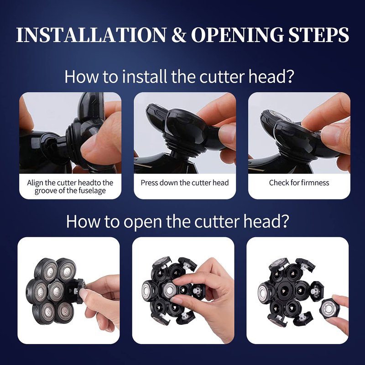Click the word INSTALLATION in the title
(91, 35)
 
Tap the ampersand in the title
(178, 35)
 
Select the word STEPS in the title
(318, 35)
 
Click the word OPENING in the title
(237, 35)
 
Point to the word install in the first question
(144, 77)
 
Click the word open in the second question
(142, 222)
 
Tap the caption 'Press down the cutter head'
(185, 183)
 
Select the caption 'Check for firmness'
(299, 183)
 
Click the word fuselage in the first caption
(92, 191)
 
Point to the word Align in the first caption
(35, 183)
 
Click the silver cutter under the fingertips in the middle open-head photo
(169, 290)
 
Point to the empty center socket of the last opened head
(285, 291)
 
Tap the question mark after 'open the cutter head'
(284, 221)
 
